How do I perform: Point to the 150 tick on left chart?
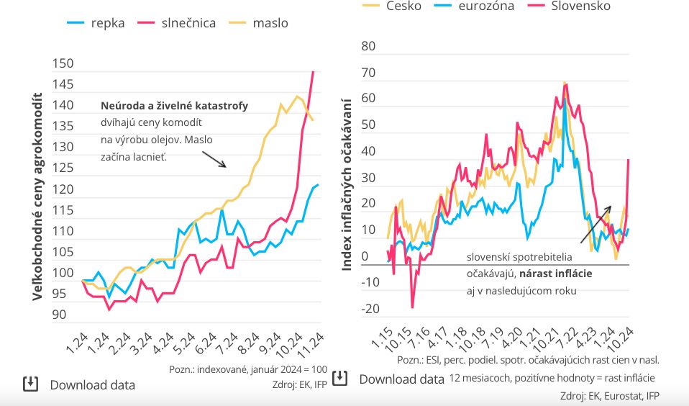[x=63, y=63]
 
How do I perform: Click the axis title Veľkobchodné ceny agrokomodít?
[x=37, y=196]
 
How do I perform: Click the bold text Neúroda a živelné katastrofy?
[x=174, y=106]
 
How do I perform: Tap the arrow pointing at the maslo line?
[x=214, y=158]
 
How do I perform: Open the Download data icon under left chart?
[x=30, y=384]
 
